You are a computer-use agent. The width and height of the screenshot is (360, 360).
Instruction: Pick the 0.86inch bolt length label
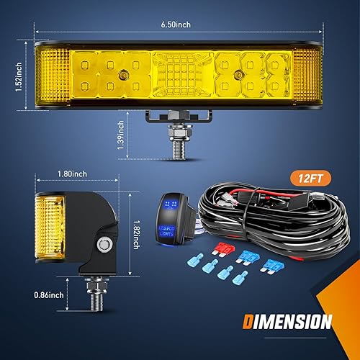(x=47, y=294)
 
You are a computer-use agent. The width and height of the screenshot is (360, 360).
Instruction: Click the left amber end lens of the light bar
(x=51, y=78)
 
